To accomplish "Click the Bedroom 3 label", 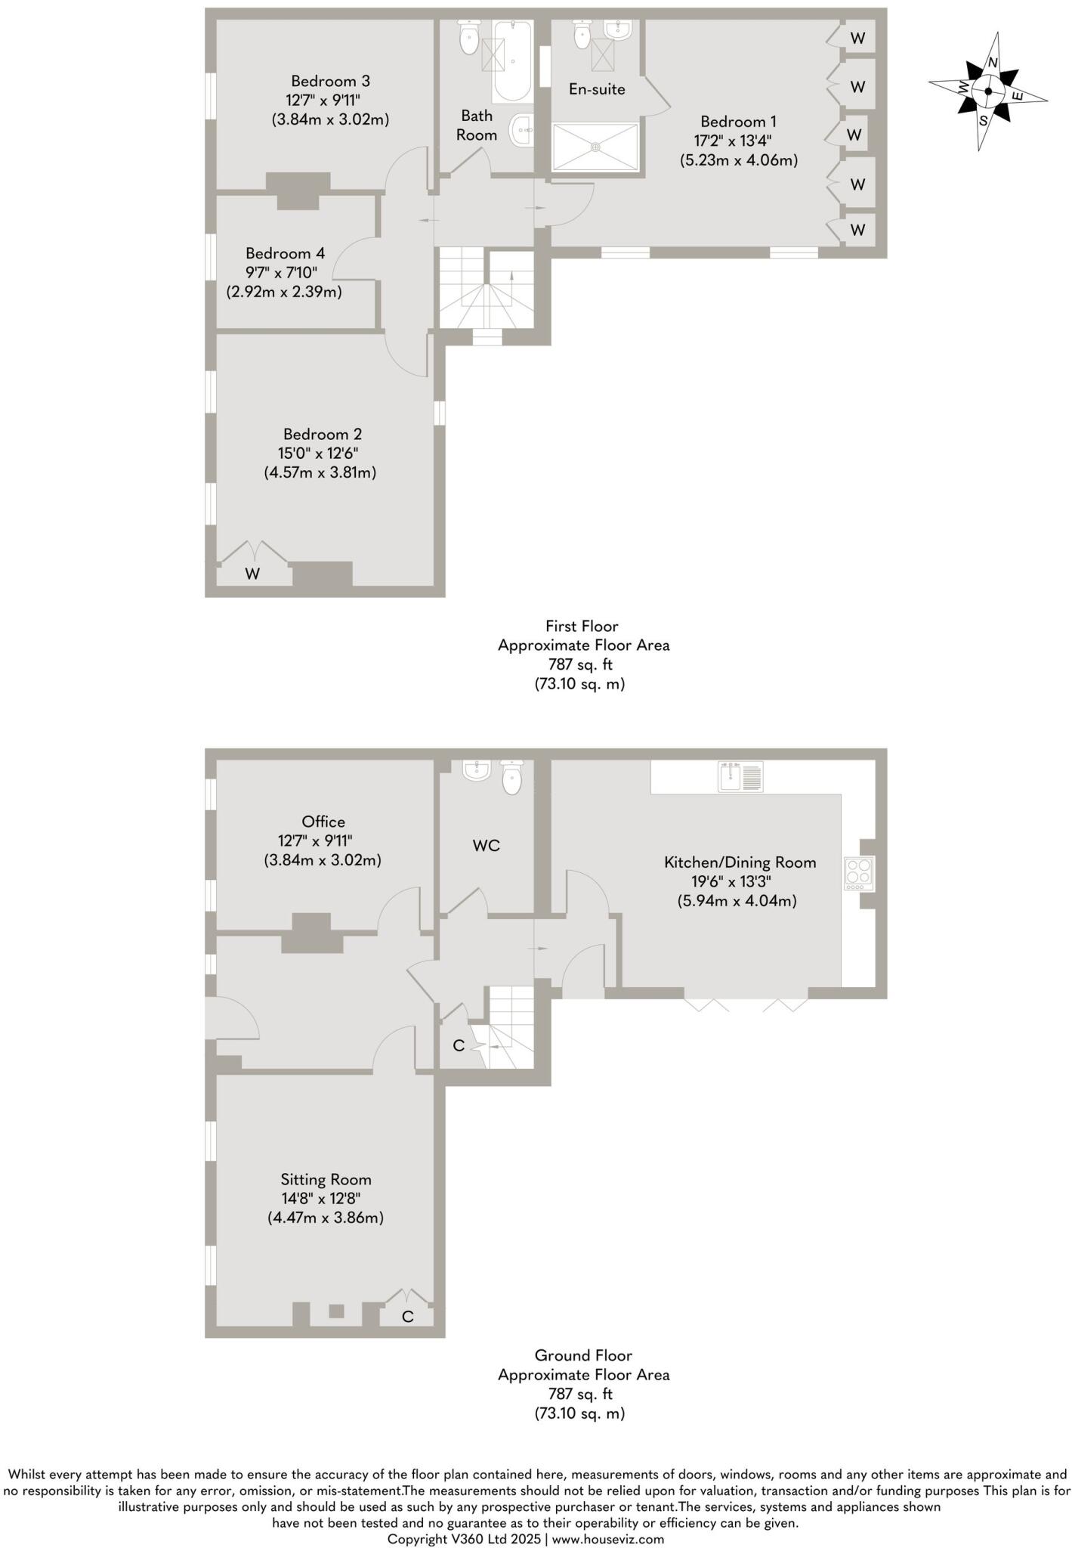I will (330, 81).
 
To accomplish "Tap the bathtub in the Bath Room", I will (512, 62).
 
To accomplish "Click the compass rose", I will (987, 91).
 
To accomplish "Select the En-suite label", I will (597, 90).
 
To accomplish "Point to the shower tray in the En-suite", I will (595, 147).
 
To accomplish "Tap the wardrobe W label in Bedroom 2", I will (252, 574).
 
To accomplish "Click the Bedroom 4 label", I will (278, 253).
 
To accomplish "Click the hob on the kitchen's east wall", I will (859, 873).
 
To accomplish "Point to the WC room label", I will (486, 846).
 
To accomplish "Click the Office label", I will (323, 822).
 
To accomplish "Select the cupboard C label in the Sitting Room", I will (407, 1317).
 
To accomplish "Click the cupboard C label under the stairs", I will (458, 1046).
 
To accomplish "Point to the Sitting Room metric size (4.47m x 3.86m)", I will (325, 1218).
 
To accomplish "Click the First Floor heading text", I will (582, 626).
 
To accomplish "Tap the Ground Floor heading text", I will (582, 1355).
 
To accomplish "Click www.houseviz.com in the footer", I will (608, 1539).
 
